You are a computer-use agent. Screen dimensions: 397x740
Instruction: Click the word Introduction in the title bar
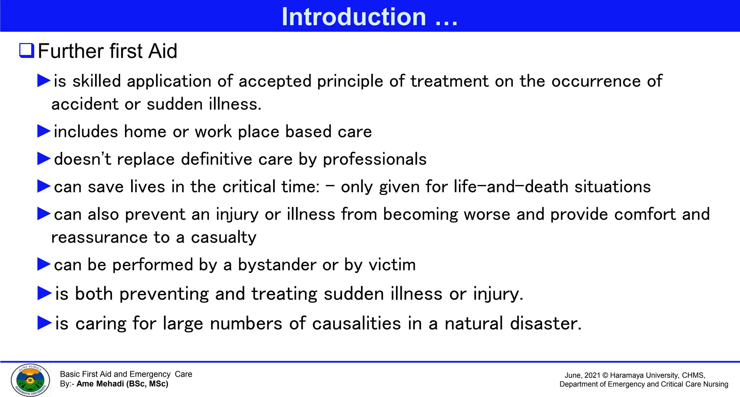pyautogui.click(x=354, y=17)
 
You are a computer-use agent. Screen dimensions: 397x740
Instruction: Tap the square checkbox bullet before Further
pyautogui.click(x=27, y=50)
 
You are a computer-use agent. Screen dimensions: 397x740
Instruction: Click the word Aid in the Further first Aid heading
pyautogui.click(x=163, y=51)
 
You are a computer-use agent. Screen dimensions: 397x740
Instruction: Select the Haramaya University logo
pyautogui.click(x=30, y=380)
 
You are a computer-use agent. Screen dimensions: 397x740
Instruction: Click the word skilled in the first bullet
pyautogui.click(x=96, y=81)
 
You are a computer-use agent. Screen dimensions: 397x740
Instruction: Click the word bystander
pyautogui.click(x=277, y=265)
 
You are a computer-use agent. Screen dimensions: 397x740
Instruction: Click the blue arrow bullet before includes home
pyautogui.click(x=44, y=131)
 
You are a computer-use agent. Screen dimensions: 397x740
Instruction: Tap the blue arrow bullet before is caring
pyautogui.click(x=45, y=323)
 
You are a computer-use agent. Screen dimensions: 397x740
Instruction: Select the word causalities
pyautogui.click(x=356, y=323)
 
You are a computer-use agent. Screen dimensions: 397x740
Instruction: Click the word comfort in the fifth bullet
pyautogui.click(x=645, y=214)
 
